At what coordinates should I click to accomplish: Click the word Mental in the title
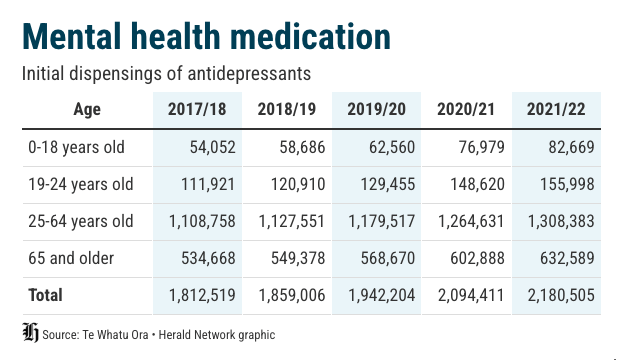[x=72, y=36]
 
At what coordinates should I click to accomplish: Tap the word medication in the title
[x=310, y=36]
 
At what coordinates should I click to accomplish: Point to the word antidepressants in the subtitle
[x=249, y=74]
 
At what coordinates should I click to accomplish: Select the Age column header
[x=87, y=110]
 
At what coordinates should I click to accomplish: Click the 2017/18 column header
[x=197, y=109]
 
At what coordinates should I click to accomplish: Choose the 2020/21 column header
[x=466, y=109]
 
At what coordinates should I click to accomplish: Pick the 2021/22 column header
[x=556, y=109]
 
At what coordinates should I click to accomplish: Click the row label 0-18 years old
[x=77, y=147]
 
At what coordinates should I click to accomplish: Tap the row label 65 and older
[x=71, y=258]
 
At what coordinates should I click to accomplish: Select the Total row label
[x=45, y=295]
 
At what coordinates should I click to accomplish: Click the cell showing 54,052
[x=213, y=147]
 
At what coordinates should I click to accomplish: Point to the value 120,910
[x=298, y=184]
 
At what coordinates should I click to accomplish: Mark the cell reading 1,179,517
[x=382, y=222]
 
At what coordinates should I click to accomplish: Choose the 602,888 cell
[x=477, y=258]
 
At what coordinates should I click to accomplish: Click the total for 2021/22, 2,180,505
[x=561, y=295]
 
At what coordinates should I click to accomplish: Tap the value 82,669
[x=571, y=147]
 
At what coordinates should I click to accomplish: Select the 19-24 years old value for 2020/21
[x=478, y=184]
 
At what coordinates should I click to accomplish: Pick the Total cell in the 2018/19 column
[x=292, y=295]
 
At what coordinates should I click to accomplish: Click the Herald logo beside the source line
[x=30, y=332]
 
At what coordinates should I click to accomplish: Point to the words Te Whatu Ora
[x=115, y=335]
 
